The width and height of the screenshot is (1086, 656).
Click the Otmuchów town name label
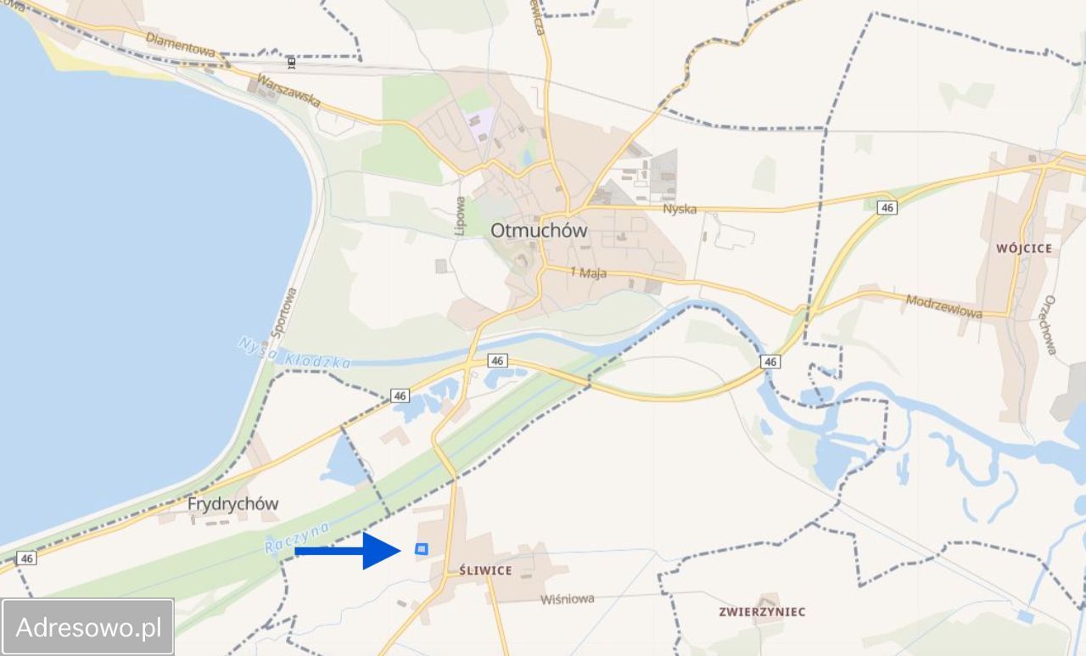[539, 230]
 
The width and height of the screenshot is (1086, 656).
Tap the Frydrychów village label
[232, 503]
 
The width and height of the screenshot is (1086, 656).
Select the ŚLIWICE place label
[485, 570]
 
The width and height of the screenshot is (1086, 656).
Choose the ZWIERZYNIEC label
[762, 611]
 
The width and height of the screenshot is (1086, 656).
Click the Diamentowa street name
[180, 44]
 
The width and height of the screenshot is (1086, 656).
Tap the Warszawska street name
[288, 90]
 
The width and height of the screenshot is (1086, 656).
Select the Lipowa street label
[460, 216]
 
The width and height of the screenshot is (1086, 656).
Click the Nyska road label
[680, 209]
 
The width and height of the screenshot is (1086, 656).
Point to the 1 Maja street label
[589, 273]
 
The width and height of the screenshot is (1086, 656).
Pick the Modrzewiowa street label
[943, 306]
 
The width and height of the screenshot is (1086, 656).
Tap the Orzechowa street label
[1050, 325]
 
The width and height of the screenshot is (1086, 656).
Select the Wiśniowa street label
[568, 599]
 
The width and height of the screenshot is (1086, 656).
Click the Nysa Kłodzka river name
[294, 353]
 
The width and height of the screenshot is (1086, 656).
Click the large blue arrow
[347, 551]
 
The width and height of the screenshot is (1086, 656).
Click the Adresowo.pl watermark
[88, 628]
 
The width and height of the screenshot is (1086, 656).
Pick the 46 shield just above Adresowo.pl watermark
[26, 558]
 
